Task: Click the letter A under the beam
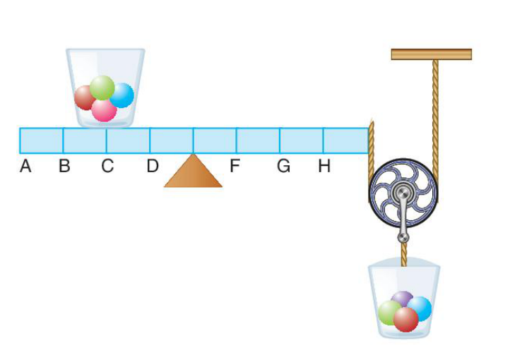[25, 166]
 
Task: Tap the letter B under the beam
[64, 166]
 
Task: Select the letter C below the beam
[107, 166]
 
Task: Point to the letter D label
[153, 166]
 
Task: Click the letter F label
[235, 166]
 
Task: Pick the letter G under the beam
[284, 166]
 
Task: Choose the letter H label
[324, 166]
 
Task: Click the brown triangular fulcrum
[193, 171]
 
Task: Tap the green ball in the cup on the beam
[102, 88]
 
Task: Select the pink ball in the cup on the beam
[105, 110]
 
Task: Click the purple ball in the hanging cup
[402, 298]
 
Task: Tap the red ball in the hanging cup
[405, 319]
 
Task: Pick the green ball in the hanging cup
[388, 313]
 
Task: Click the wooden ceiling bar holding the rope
[432, 54]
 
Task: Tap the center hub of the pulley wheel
[403, 193]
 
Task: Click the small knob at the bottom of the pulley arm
[403, 238]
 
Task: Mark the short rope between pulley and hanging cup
[404, 254]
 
